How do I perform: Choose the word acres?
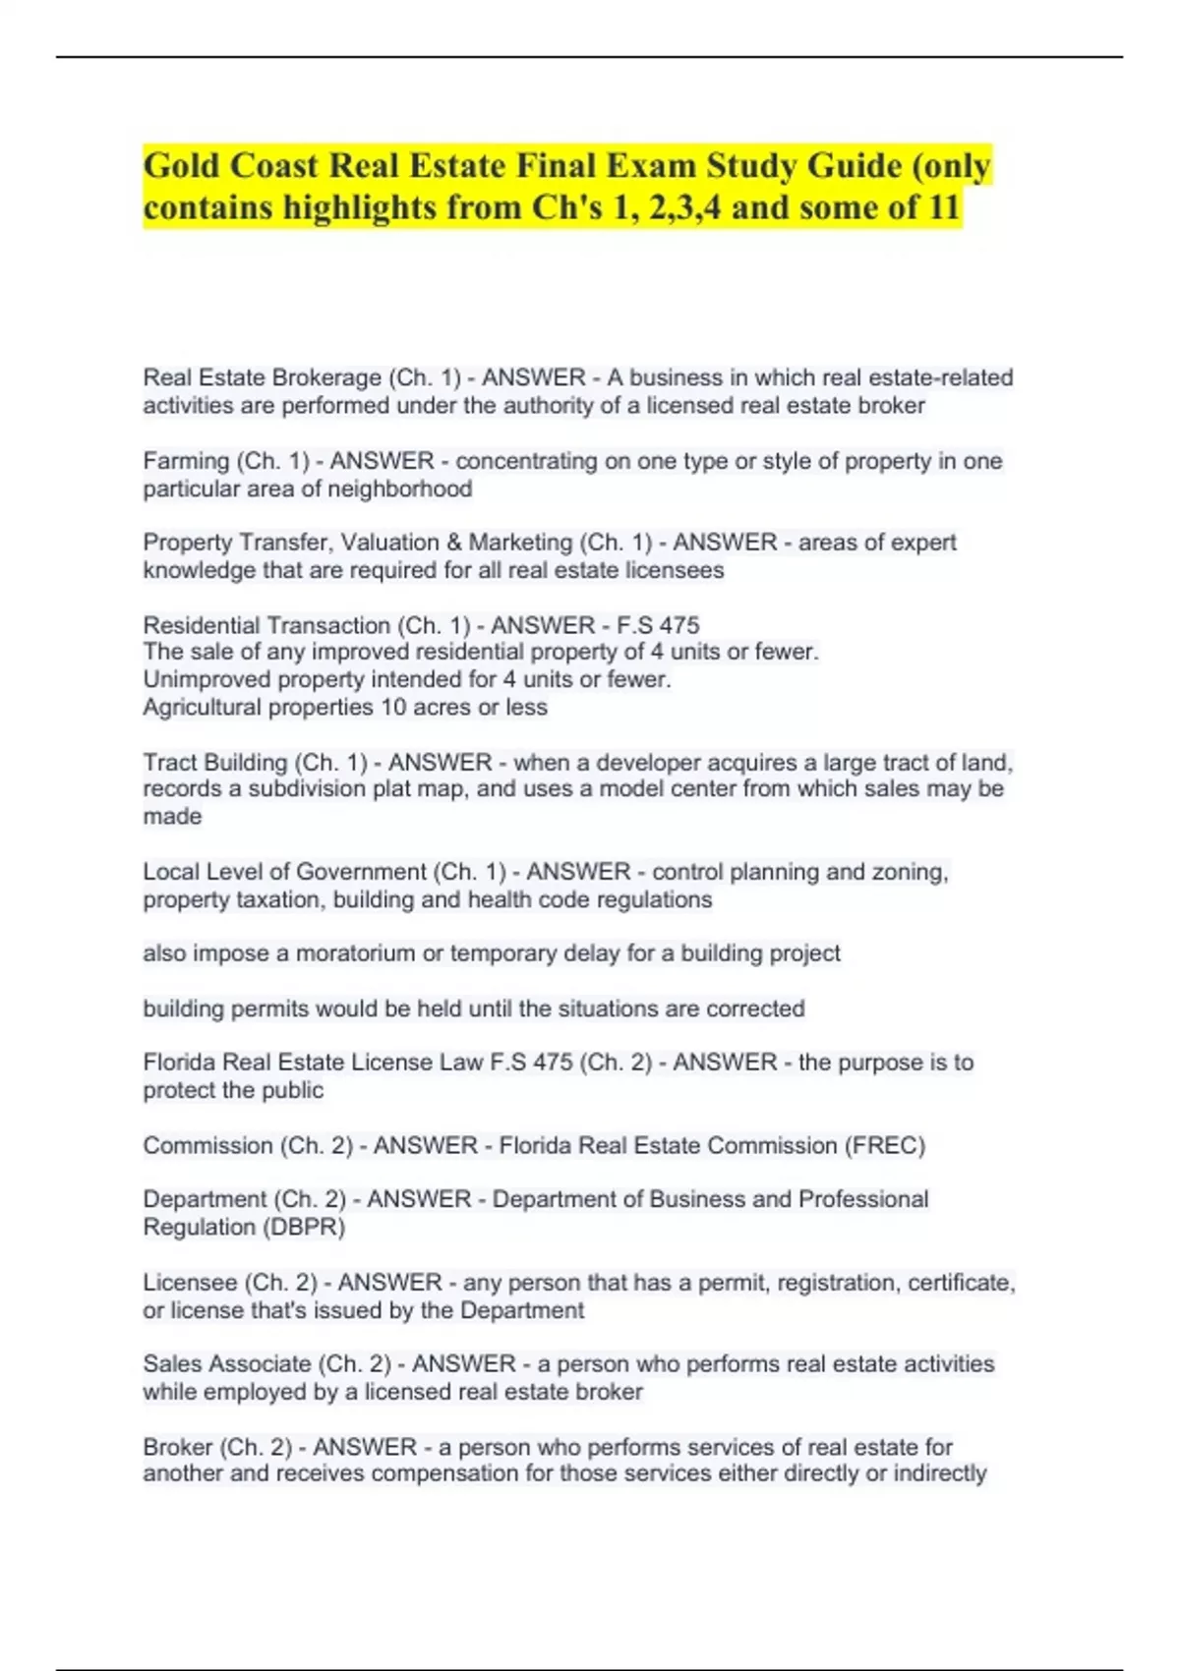coord(448,707)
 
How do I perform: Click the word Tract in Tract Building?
coord(169,763)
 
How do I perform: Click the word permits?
coord(271,1008)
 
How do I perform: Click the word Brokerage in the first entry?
coord(326,377)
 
